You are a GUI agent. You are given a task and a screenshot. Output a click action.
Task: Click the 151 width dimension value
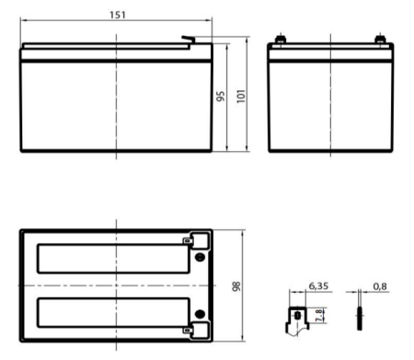click(117, 16)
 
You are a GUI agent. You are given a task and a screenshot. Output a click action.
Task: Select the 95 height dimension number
click(221, 97)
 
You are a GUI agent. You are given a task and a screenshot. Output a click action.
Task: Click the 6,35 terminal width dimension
click(318, 287)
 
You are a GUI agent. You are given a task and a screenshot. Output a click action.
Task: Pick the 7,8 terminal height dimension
click(319, 317)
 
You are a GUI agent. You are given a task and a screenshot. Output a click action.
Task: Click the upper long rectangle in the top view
click(109, 258)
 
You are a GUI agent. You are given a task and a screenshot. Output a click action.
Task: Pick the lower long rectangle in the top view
click(109, 314)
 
